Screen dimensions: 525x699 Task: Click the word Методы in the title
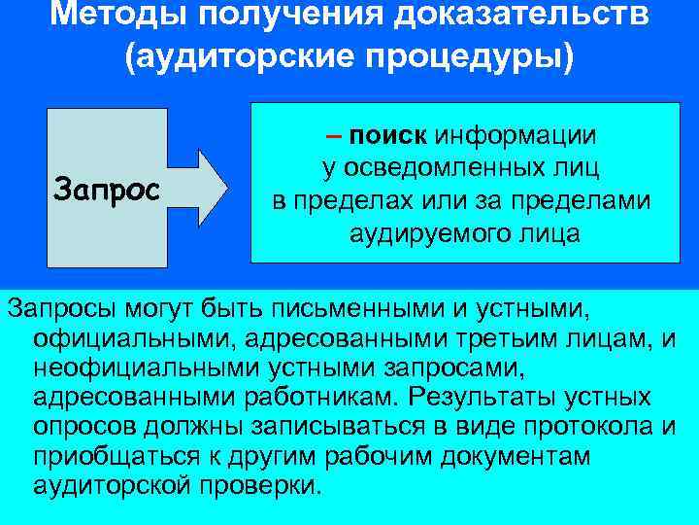[x=111, y=16]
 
